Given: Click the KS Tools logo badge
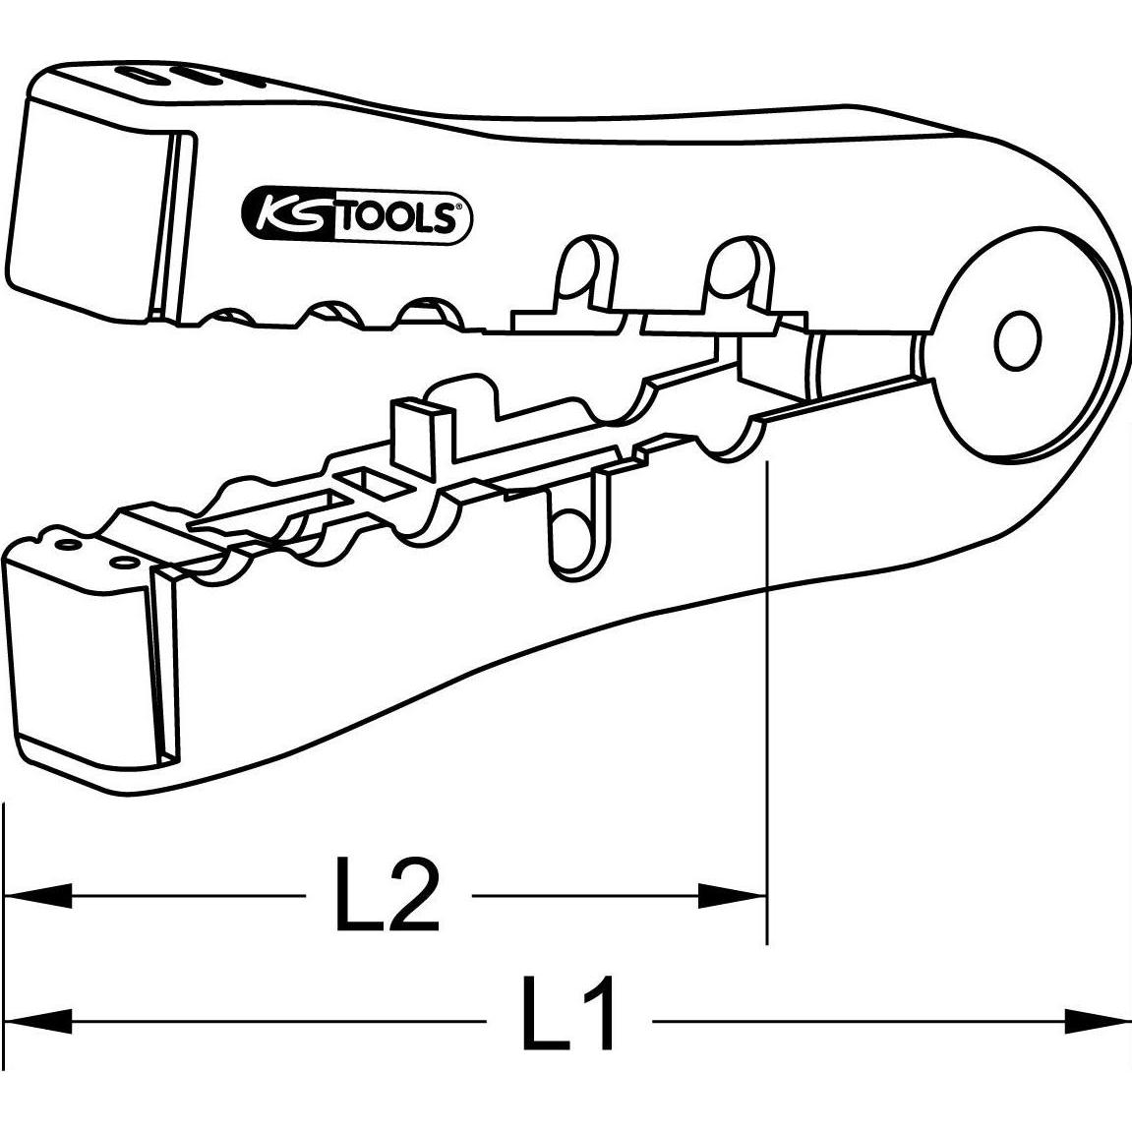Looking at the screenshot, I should (357, 215).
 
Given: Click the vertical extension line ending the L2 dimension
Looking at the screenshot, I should (766, 688).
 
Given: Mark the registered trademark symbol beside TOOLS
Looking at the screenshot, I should (459, 208).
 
